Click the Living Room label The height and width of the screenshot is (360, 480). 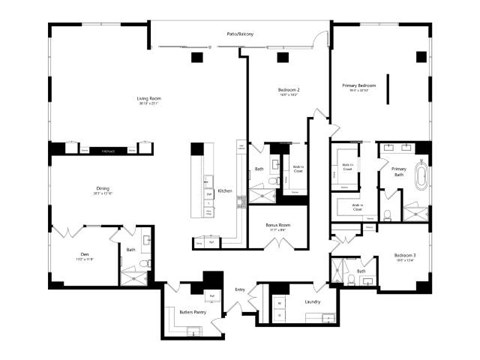pos(150,98)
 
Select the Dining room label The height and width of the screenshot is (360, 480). pos(103,187)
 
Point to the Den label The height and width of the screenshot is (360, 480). pos(85,254)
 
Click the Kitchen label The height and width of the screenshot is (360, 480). pos(225,190)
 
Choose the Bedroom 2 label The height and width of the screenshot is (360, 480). pos(289,90)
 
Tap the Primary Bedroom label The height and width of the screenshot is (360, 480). pos(359,86)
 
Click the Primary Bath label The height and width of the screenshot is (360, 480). pos(399,169)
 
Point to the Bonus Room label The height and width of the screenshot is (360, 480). pos(277,225)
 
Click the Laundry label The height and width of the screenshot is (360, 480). pos(312,300)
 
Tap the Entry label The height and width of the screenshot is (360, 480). pos(240,289)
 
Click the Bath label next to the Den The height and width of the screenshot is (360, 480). pos(131,250)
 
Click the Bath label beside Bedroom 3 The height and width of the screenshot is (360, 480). pos(361,270)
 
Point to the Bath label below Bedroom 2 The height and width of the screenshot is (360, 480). pos(259,169)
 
